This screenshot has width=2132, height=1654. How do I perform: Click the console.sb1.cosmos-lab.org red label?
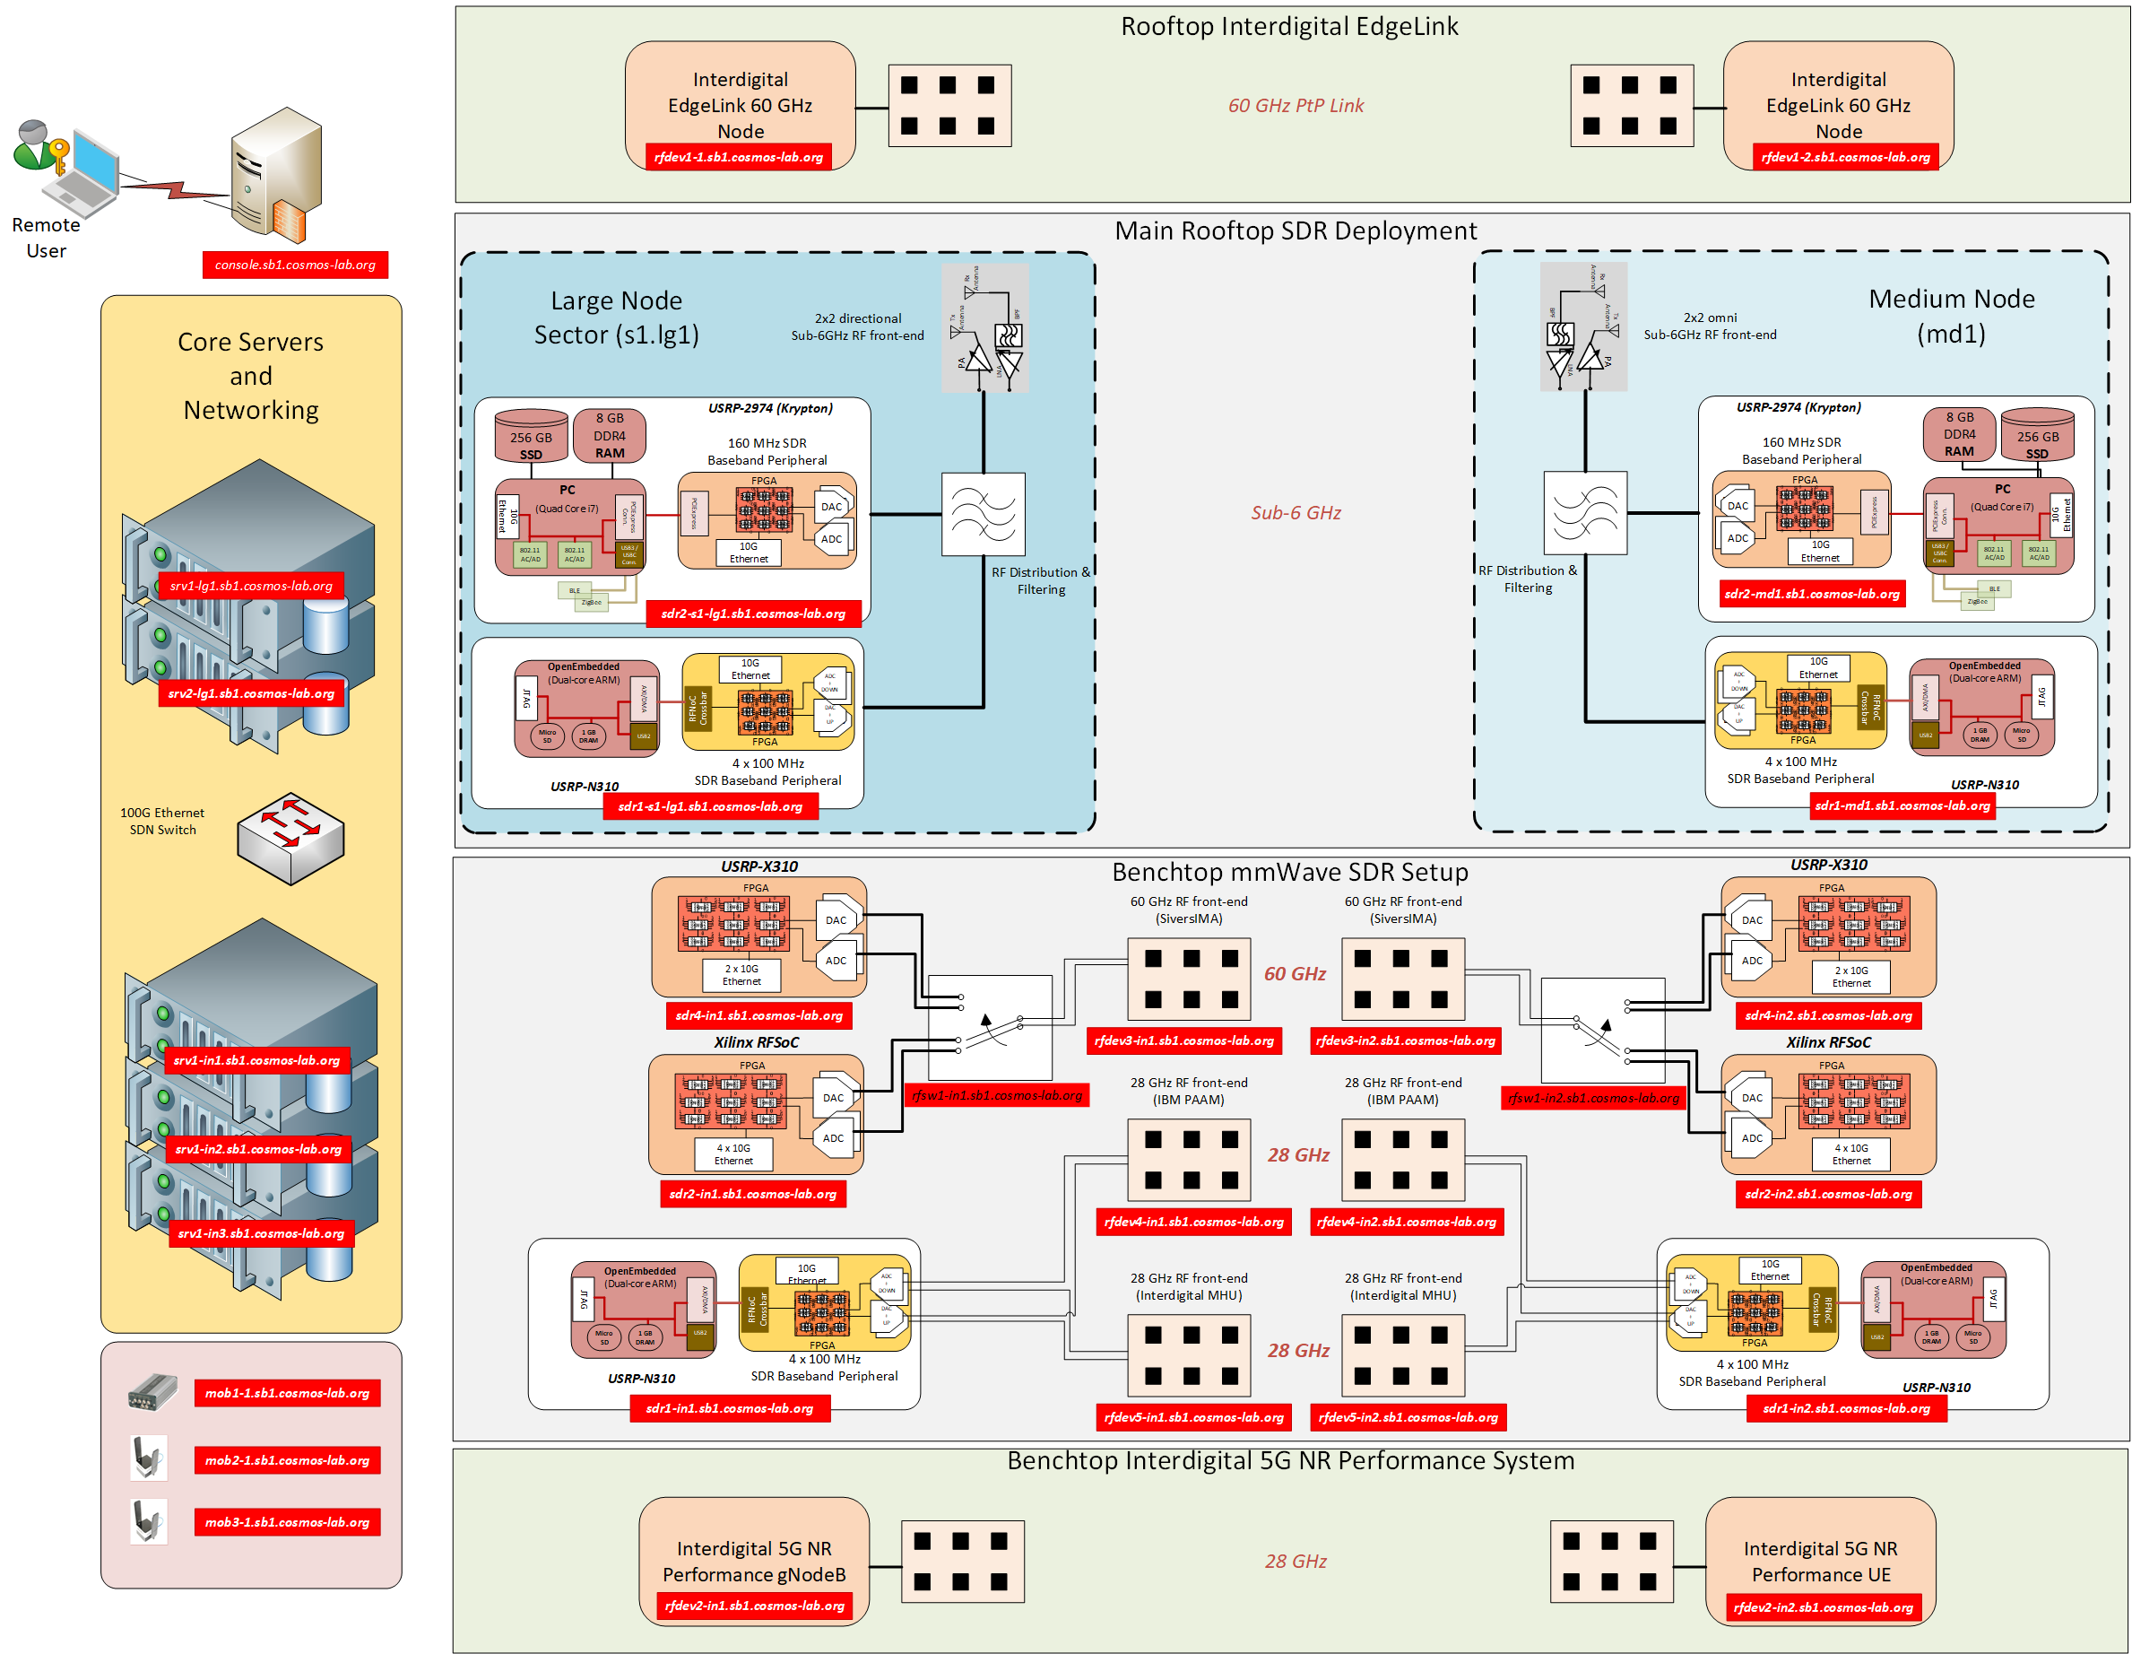295,265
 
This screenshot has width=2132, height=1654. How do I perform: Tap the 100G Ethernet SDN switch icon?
290,838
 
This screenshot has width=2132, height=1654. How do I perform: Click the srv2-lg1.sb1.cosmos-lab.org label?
251,693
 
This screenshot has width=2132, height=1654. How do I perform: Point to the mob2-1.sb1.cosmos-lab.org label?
287,1459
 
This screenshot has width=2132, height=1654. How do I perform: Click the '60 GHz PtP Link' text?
1295,106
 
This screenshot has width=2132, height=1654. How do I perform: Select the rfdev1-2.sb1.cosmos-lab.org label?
1844,157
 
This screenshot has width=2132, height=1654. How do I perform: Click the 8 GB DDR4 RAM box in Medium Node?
1958,434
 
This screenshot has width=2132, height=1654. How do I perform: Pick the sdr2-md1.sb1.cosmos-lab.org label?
1811,594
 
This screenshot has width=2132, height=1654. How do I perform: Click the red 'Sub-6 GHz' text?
1295,512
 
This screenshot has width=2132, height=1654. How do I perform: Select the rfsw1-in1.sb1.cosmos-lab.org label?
997,1095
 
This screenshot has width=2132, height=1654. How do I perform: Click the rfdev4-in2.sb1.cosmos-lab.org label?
1405,1222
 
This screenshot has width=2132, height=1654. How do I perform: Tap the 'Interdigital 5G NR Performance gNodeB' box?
754,1559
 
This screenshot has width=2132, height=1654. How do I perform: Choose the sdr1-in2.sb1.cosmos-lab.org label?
1845,1408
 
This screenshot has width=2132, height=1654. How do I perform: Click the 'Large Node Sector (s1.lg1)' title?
616,318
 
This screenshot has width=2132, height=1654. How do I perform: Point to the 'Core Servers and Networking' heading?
251,376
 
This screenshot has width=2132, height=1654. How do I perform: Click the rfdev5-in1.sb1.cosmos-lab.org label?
1193,1416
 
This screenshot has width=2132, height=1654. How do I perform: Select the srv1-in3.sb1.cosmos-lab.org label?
261,1233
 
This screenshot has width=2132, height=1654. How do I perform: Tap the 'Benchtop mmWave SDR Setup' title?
1288,872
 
